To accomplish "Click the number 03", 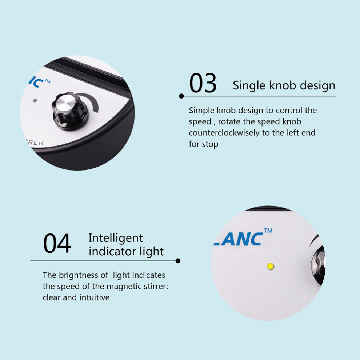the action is pos(203,83).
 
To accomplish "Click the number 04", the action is pos(57,243).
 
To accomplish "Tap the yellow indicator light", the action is pos(271,266).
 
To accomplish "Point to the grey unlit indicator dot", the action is pos(35,101).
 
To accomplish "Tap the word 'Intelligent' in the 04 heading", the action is pos(116,238).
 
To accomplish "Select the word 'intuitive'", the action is pos(95,297).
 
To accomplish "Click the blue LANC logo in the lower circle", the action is pos(238,239).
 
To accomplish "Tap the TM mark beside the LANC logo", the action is pos(268,231).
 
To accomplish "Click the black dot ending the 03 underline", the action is pos(181,96).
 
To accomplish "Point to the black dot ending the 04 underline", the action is pos(178,261).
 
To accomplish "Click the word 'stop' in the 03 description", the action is pos(210,144).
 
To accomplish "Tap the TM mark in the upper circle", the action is pos(48,81).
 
